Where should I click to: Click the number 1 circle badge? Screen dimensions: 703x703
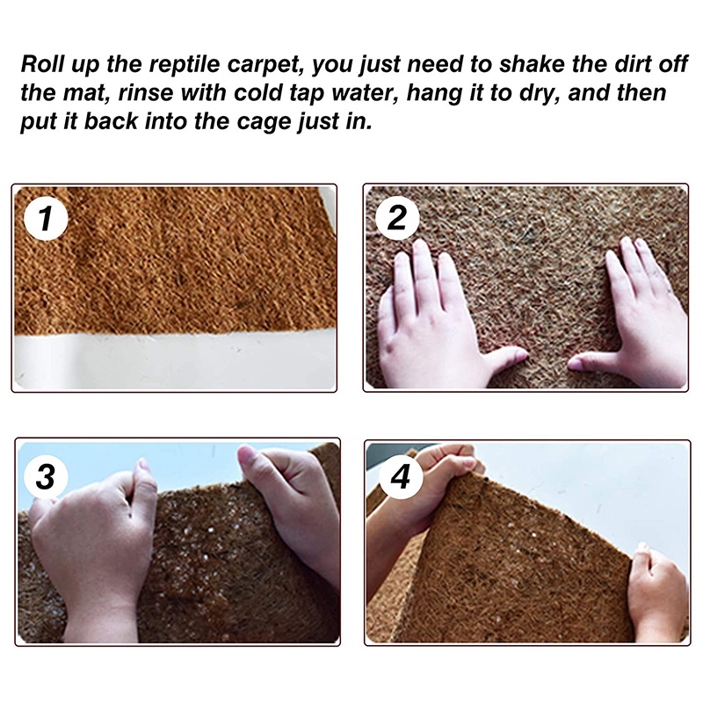[46, 219]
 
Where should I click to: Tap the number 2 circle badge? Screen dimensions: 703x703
[397, 217]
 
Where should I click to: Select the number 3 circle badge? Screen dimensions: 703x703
[46, 475]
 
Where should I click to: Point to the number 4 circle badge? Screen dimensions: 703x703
[401, 476]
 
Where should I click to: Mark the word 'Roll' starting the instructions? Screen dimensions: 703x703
[38, 64]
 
